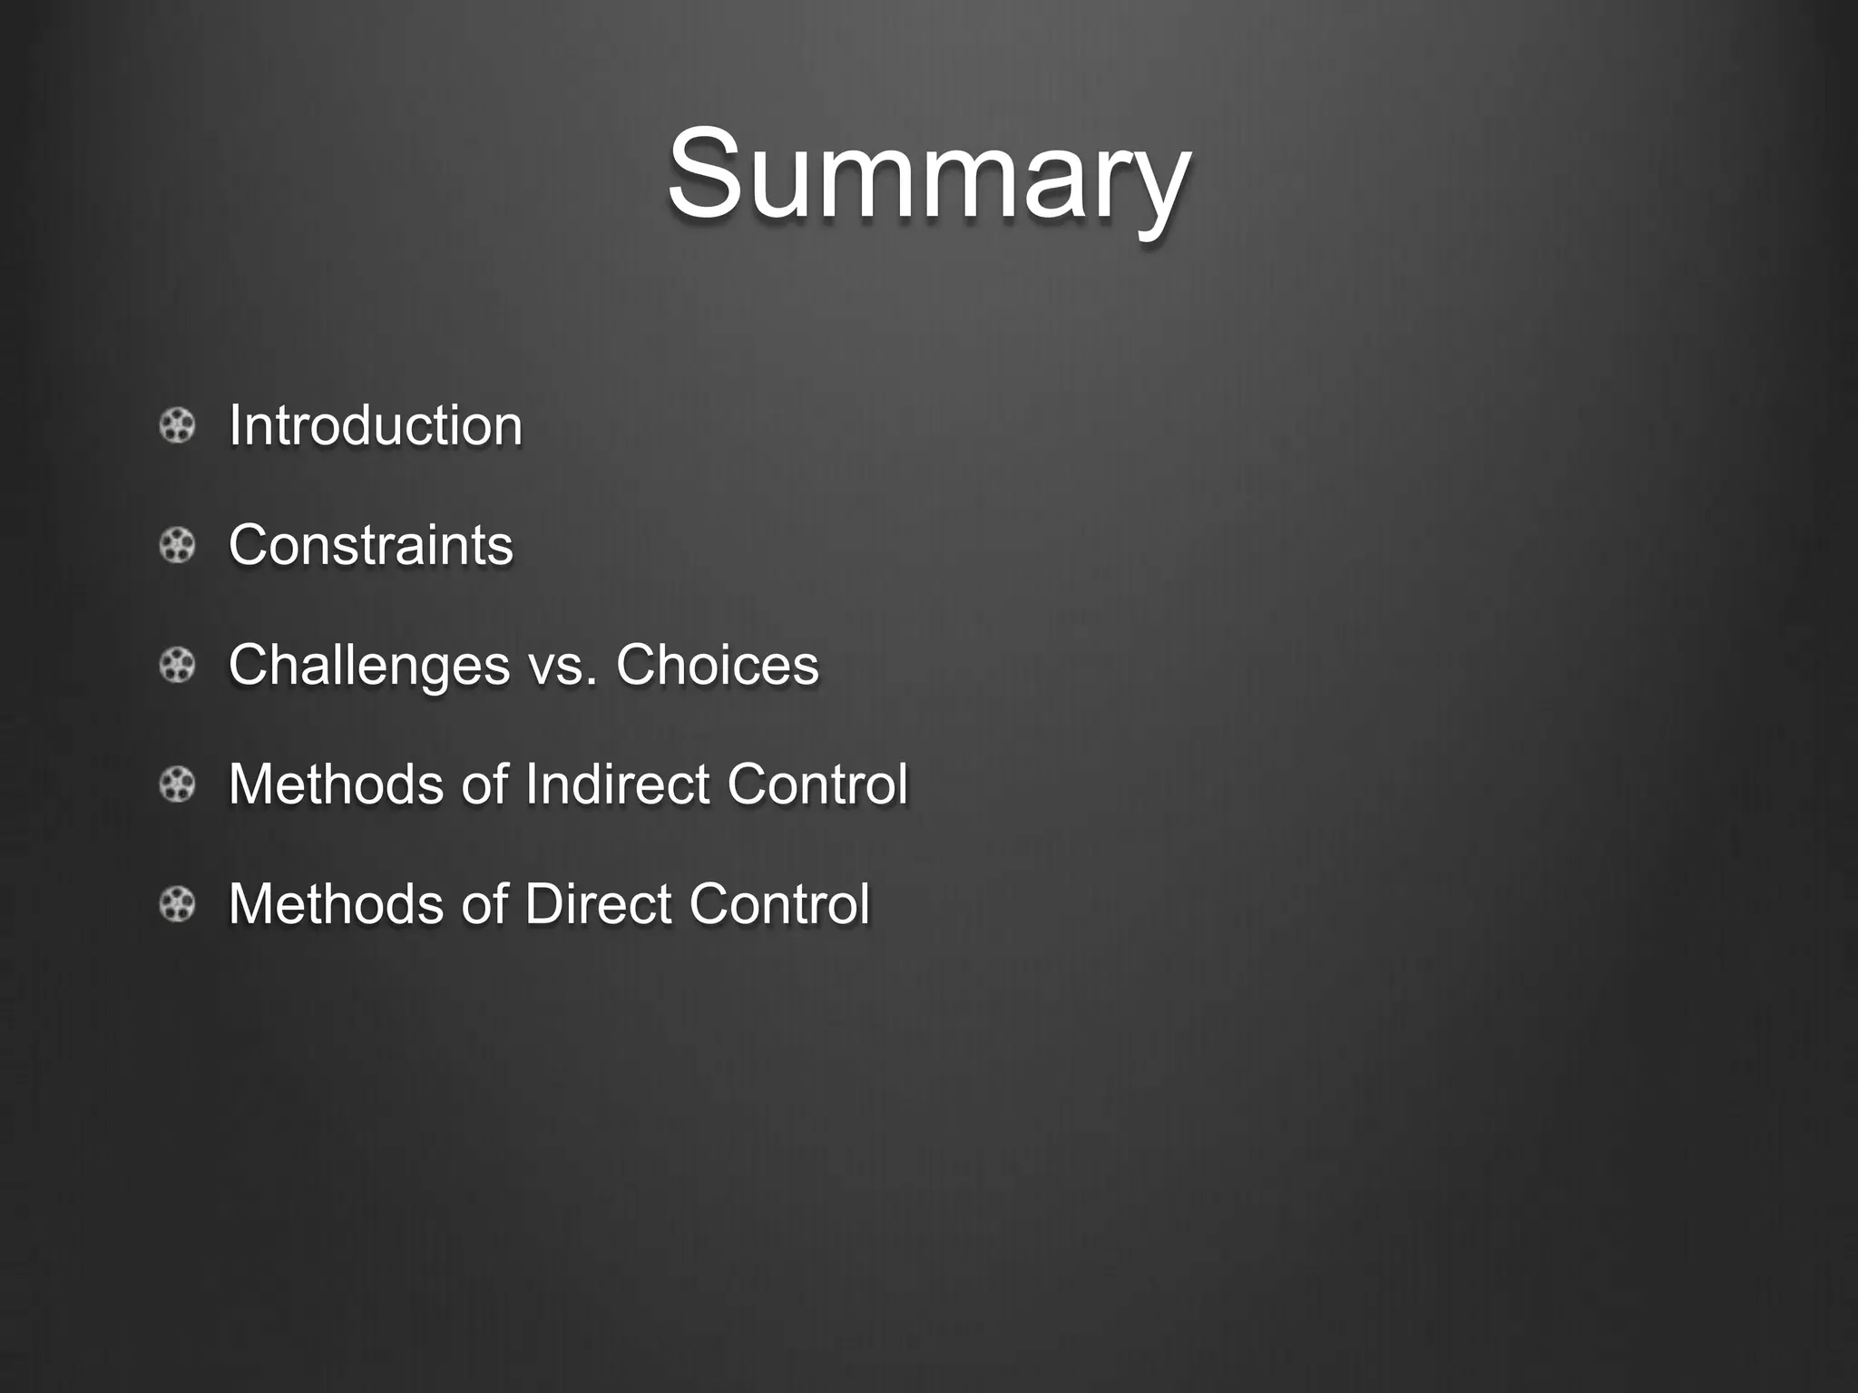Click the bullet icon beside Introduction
(177, 426)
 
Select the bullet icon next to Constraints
(177, 546)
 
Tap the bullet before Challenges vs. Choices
(177, 666)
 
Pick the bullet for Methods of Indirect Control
(177, 784)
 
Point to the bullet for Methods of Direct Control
(177, 904)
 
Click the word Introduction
(376, 425)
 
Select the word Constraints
(370, 545)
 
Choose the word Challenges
(369, 665)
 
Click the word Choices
(717, 665)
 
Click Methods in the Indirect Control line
(336, 784)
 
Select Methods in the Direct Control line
(336, 903)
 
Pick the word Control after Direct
(778, 903)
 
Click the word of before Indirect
(484, 784)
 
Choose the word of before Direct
(484, 903)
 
